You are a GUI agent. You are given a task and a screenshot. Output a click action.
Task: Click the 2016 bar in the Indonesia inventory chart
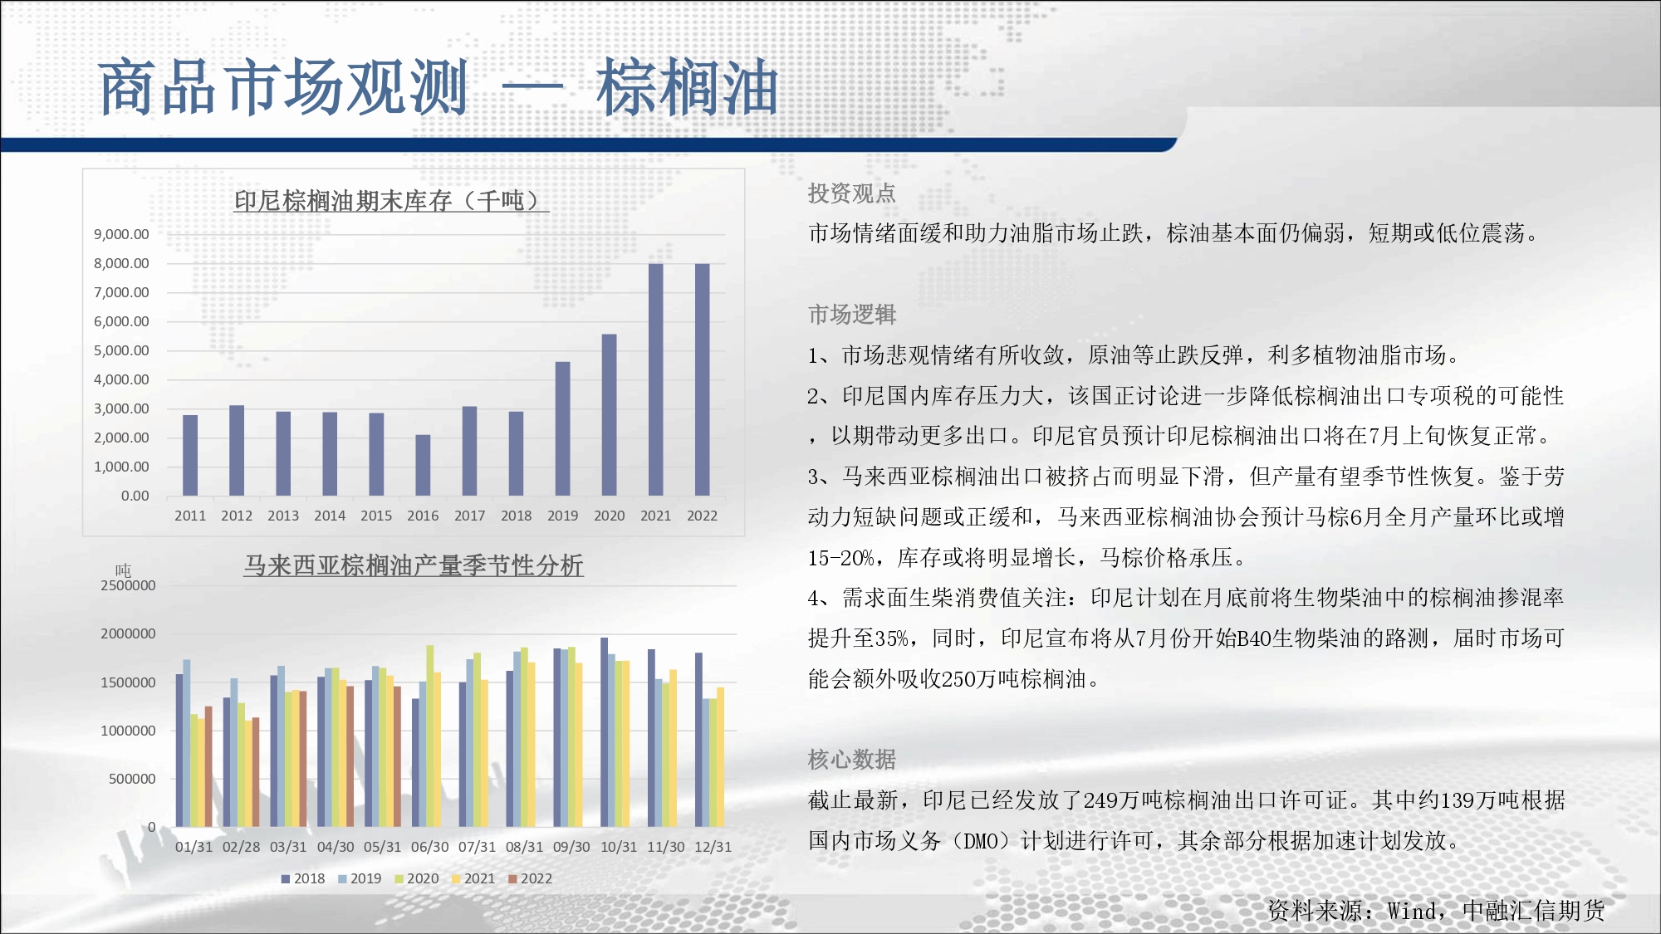423,465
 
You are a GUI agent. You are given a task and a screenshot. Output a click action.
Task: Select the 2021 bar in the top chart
656,379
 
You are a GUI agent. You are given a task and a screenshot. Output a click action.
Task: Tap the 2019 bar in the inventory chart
563,428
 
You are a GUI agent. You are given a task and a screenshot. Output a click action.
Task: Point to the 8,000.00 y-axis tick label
121,263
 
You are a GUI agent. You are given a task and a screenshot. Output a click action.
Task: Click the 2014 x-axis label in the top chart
330,516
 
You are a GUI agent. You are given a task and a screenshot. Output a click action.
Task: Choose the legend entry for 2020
417,878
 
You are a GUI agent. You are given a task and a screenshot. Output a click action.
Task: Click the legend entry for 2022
531,878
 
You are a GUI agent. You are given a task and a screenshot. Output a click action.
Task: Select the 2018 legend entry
303,878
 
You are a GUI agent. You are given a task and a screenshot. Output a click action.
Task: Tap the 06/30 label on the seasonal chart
429,847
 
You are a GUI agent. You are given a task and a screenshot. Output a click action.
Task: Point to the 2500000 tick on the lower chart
128,585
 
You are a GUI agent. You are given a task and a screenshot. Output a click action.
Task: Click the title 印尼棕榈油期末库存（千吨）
390,200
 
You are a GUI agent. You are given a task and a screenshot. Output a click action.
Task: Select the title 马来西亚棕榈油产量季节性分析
414,565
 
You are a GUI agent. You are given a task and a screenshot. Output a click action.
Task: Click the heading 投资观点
852,193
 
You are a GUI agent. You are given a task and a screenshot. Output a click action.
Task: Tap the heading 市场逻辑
852,315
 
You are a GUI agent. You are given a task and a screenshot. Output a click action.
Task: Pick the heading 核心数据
852,759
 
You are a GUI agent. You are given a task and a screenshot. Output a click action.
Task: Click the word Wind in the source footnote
1411,911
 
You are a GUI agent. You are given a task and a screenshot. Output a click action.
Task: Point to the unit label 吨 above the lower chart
124,570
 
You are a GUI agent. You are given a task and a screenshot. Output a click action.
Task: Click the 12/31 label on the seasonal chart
713,847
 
